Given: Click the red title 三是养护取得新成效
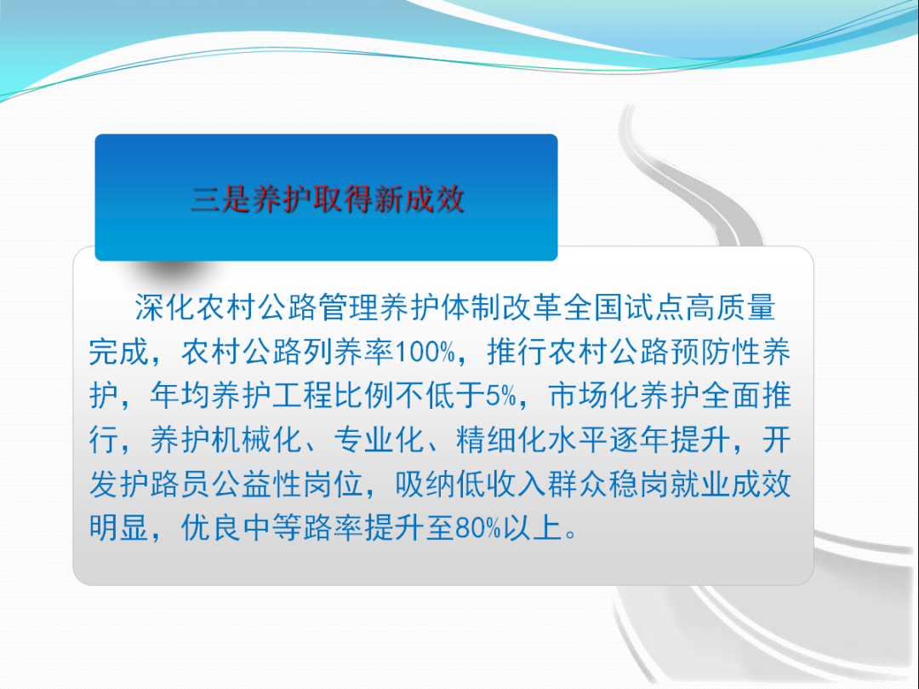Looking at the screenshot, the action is coord(328,199).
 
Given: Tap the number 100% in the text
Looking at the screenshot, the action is coord(425,352).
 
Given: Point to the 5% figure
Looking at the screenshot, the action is coord(500,396).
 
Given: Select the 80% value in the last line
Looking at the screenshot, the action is coord(477,528).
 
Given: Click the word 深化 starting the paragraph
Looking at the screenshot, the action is coord(165,307).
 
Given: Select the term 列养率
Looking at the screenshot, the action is coord(349,352).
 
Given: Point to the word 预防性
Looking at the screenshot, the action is coord(715,352).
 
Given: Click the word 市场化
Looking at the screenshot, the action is coord(594,396).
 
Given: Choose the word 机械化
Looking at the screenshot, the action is coord(257,439).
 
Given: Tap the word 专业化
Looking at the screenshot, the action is coord(380,439).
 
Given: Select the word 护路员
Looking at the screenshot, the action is coord(165,485).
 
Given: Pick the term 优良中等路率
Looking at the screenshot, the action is coord(272,528).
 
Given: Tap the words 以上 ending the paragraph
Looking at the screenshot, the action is coord(532,528).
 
